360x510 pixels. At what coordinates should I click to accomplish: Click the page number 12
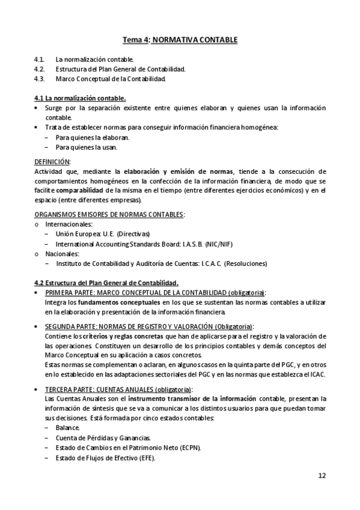[322, 476]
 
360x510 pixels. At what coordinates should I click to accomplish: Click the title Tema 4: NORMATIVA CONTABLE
[180, 40]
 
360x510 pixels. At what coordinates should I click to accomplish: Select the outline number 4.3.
[40, 79]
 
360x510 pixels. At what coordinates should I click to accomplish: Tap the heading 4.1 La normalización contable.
[80, 97]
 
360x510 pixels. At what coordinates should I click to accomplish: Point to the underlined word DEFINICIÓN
[52, 162]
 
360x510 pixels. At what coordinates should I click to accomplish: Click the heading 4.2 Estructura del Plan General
[106, 283]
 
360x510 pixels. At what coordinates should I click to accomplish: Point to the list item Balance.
[67, 428]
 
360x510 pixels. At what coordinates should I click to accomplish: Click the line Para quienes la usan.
[86, 147]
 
